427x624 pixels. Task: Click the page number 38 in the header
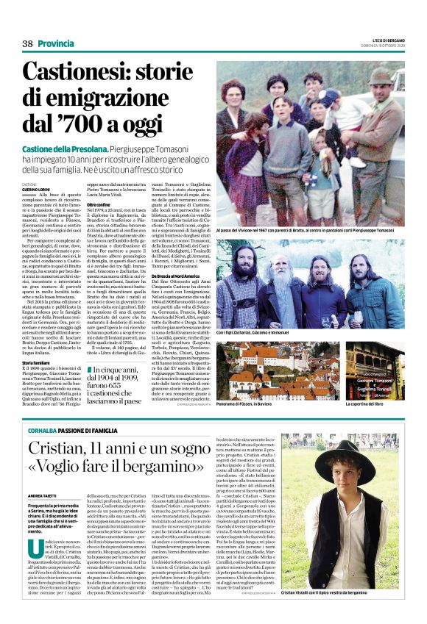(x=28, y=43)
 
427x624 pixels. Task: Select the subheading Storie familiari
(x=36, y=363)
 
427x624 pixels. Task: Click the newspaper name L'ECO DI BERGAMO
(x=381, y=37)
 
